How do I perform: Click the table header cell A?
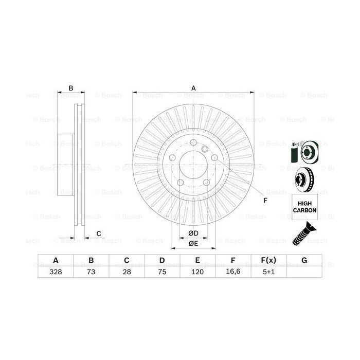coord(55,261)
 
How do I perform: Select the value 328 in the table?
coord(55,273)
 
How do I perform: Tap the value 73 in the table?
coord(91,273)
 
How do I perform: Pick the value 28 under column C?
coord(127,273)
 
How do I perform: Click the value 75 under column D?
coord(162,273)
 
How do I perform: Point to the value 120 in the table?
coord(197,273)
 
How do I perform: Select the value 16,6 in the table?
coord(233,273)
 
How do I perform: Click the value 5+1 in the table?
coord(268,273)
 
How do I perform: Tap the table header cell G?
coord(304,261)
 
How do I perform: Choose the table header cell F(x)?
coord(268,261)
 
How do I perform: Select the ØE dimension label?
coord(193,243)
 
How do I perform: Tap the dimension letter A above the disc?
coord(194,88)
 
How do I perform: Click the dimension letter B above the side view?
coord(71,88)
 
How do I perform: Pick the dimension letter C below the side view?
coord(98,235)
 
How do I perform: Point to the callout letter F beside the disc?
coord(265,200)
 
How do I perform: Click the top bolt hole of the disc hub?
coord(193,143)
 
